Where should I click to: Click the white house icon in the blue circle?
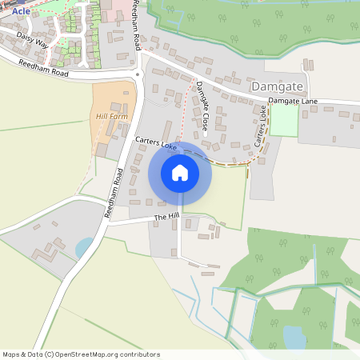tap(180, 172)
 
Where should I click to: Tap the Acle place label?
tap(21, 11)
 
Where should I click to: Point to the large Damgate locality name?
tap(277, 85)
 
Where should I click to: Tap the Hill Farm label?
tap(111, 117)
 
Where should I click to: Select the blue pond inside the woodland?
tap(294, 336)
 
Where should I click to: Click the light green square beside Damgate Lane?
tap(283, 120)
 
